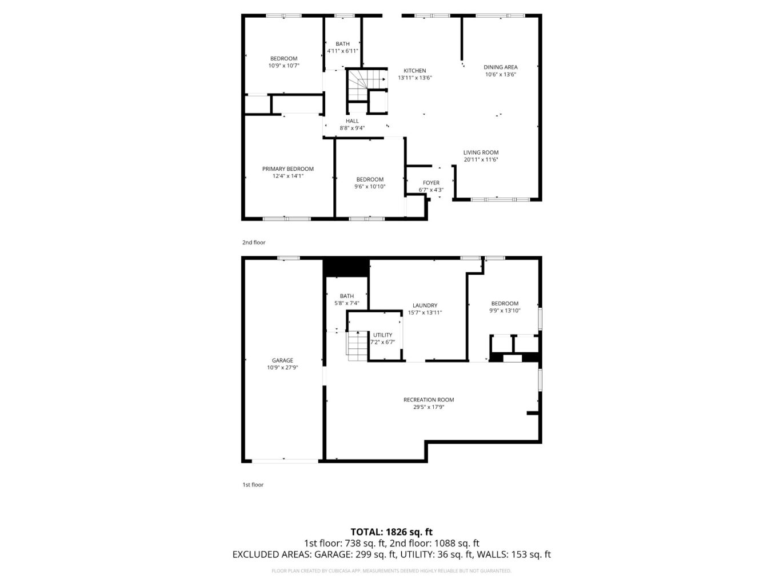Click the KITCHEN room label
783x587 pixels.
click(x=415, y=71)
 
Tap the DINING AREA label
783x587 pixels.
click(x=501, y=67)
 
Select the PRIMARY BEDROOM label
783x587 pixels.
click(x=288, y=169)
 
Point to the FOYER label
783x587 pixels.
click(x=431, y=183)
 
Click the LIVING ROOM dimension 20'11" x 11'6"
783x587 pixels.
click(x=481, y=160)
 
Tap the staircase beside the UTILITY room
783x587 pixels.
click(x=357, y=345)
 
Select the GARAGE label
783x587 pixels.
click(x=282, y=361)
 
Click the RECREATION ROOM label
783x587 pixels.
click(x=429, y=400)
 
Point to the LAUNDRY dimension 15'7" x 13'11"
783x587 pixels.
click(x=425, y=313)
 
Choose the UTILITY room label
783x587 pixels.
click(x=382, y=335)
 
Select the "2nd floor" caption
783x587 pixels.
click(x=254, y=243)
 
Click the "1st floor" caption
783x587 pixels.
click(x=253, y=485)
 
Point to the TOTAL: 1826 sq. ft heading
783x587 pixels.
click(x=391, y=532)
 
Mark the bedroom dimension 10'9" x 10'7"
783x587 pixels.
click(x=284, y=66)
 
